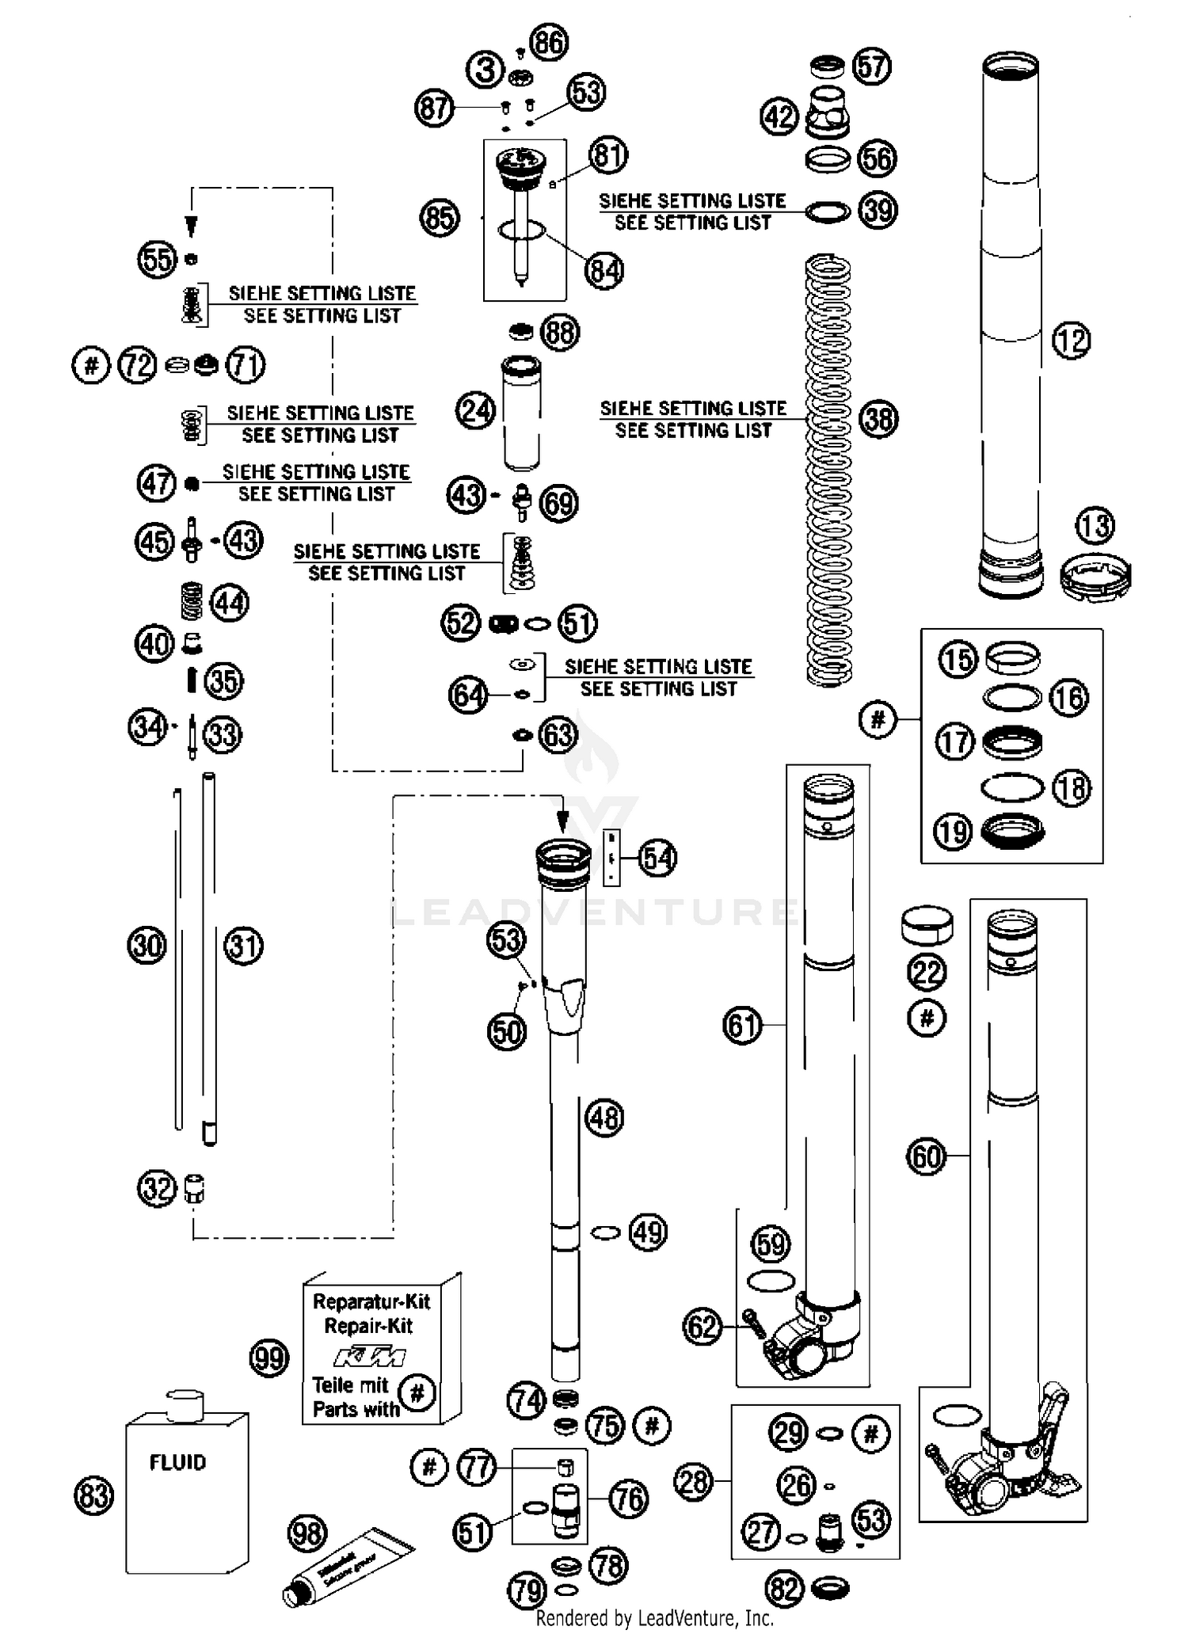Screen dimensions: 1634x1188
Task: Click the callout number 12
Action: (x=1071, y=341)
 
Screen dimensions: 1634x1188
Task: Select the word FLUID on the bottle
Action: (x=177, y=1462)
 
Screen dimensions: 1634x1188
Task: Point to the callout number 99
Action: (x=269, y=1358)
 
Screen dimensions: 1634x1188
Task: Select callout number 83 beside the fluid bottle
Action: (x=93, y=1496)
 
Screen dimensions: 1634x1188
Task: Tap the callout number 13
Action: (x=1095, y=525)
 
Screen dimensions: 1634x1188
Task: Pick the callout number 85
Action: (x=440, y=217)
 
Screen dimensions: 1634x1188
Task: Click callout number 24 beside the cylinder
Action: (x=476, y=411)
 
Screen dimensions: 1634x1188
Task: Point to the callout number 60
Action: (x=926, y=1156)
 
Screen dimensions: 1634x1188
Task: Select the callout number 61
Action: (x=742, y=1026)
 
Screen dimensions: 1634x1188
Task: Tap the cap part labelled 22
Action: (x=927, y=925)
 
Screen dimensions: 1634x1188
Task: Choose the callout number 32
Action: (x=157, y=1189)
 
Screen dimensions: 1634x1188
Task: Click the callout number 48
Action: (x=604, y=1118)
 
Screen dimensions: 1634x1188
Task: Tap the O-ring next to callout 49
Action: (x=606, y=1232)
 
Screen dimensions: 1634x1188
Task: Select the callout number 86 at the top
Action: (x=550, y=42)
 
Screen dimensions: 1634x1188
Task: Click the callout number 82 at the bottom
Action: (x=784, y=1587)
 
